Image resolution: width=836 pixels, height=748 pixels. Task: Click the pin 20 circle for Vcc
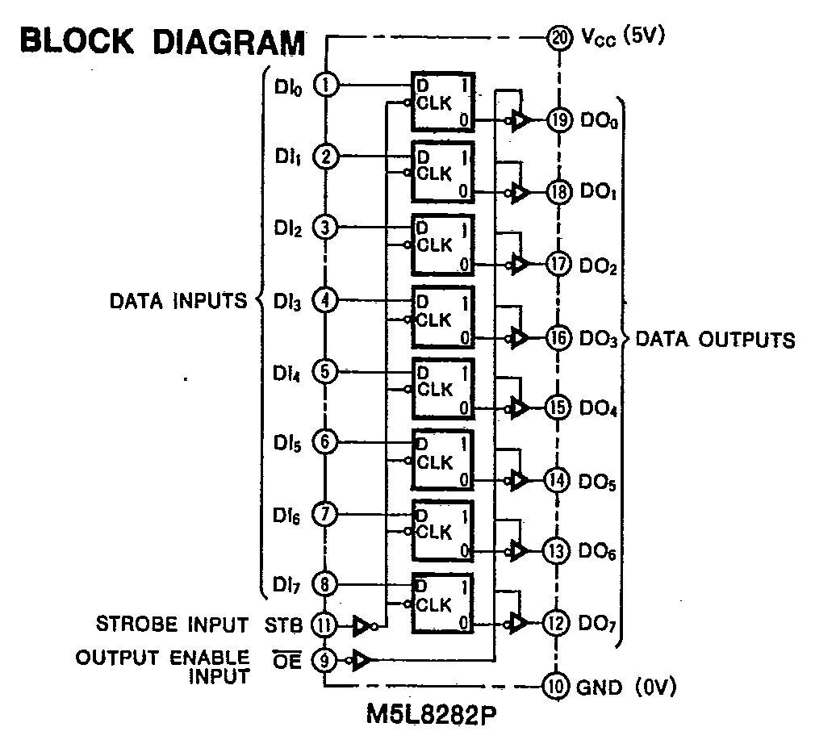click(x=558, y=37)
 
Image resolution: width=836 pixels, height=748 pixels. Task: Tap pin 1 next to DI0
click(x=325, y=85)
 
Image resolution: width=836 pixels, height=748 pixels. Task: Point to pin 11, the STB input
click(x=325, y=625)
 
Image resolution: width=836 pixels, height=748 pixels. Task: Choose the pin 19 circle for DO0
click(x=558, y=121)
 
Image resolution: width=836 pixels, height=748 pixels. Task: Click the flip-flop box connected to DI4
click(x=442, y=389)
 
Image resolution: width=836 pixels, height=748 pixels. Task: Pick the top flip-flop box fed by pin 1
click(x=442, y=102)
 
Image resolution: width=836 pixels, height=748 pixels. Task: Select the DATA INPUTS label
click(x=178, y=301)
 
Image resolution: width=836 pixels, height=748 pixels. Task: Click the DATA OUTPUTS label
click(x=715, y=339)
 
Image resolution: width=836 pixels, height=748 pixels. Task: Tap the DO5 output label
click(x=598, y=482)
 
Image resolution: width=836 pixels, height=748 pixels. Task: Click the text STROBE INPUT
click(x=172, y=625)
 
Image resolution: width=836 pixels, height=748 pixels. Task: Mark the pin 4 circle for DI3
click(x=325, y=301)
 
